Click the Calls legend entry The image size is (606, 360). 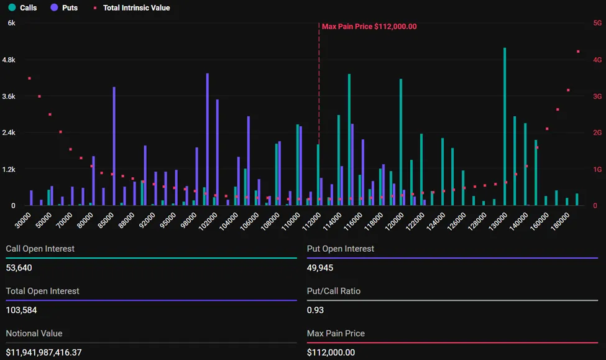click(23, 8)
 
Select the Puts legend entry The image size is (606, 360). click(64, 8)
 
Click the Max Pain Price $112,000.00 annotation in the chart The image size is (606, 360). click(369, 27)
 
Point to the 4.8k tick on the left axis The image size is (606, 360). click(11, 60)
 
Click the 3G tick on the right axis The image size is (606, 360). click(597, 96)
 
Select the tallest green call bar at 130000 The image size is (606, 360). click(505, 127)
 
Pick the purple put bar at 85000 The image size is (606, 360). click(114, 147)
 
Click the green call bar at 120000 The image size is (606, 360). click(401, 142)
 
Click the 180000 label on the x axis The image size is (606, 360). click(561, 222)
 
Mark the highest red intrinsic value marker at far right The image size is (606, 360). click(578, 52)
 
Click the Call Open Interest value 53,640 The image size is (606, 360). click(19, 268)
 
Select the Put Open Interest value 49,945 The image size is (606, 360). click(320, 268)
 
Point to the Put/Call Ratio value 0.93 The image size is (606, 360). click(315, 310)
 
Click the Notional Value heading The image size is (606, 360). click(34, 333)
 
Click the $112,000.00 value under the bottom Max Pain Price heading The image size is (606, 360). click(331, 353)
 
